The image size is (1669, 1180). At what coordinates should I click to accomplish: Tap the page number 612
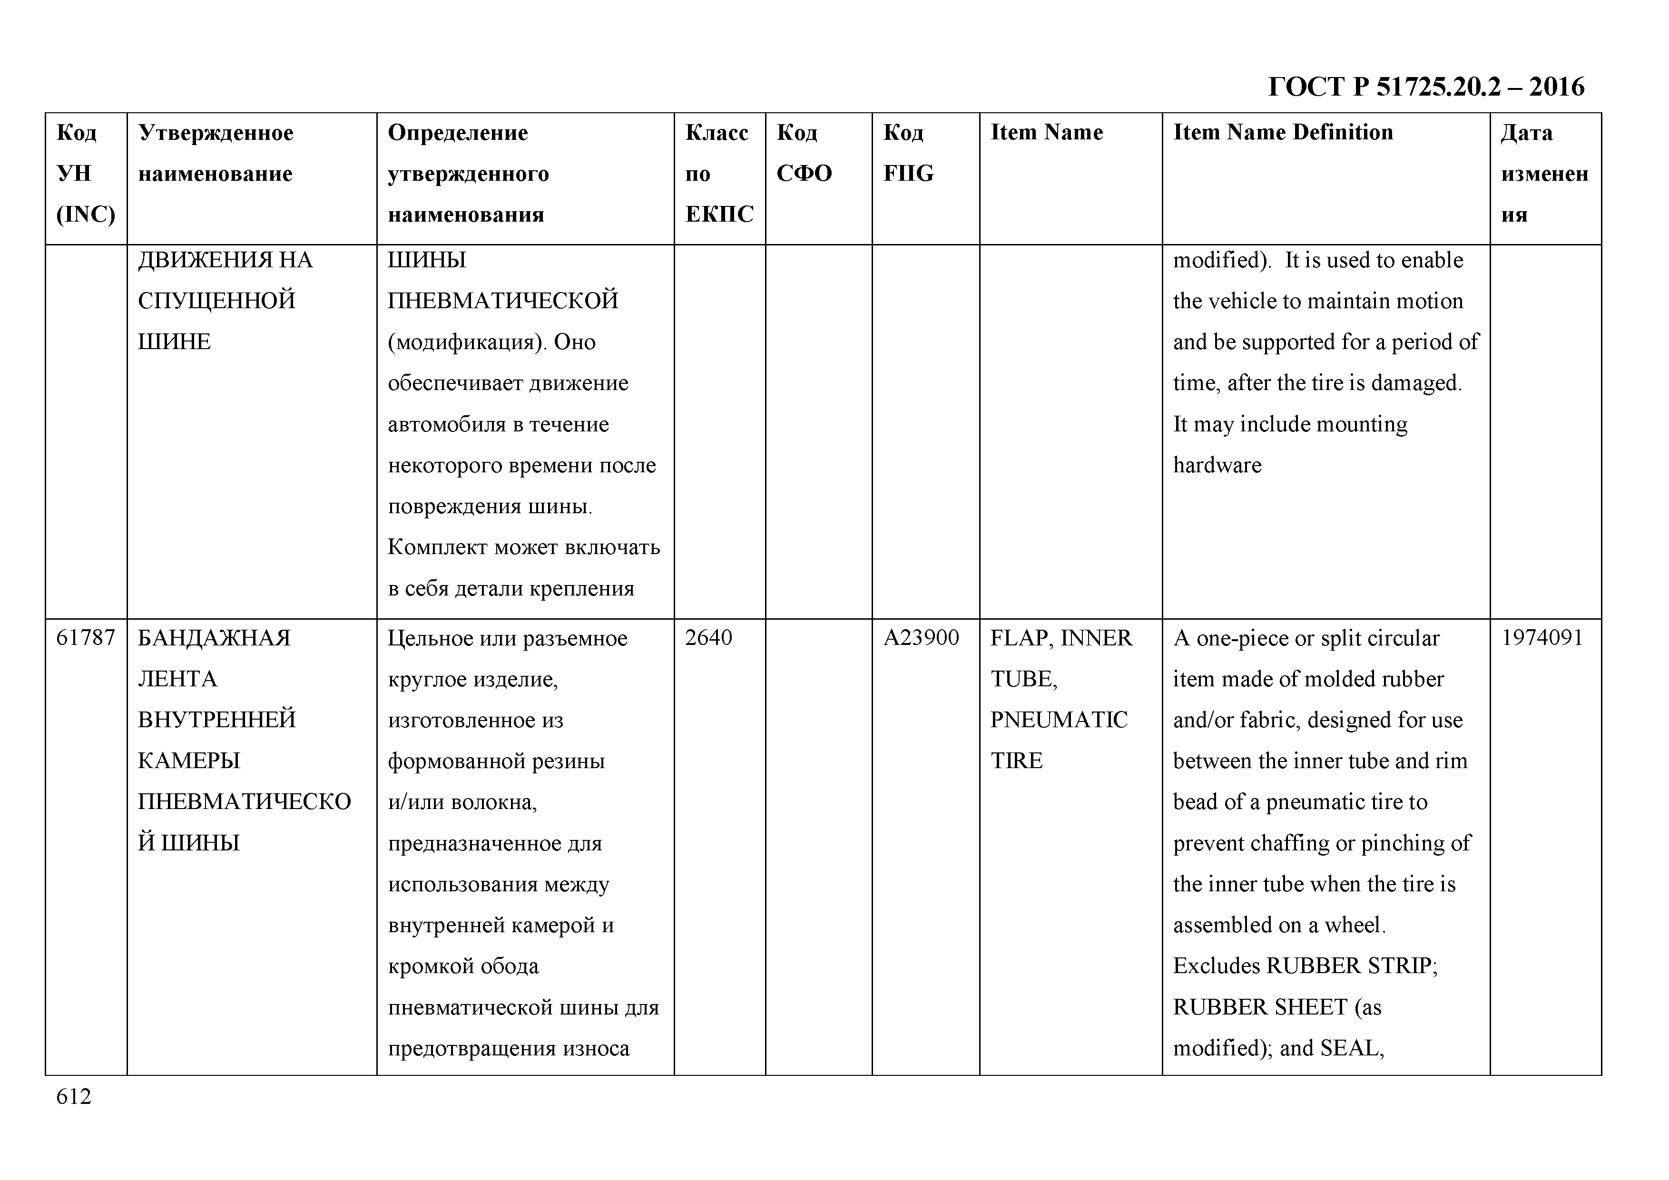click(x=73, y=1096)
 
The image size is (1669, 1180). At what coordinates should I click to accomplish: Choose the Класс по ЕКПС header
click(x=718, y=173)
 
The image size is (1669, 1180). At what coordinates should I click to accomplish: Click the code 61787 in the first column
click(x=86, y=638)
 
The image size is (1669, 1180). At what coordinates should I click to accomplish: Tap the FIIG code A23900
click(x=921, y=638)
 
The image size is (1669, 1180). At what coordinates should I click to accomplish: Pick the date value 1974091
click(x=1542, y=638)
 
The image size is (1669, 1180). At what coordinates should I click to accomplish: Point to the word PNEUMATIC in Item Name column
click(x=1059, y=720)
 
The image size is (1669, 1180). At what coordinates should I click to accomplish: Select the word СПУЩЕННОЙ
click(x=216, y=301)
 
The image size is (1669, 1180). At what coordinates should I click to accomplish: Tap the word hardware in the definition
click(x=1217, y=465)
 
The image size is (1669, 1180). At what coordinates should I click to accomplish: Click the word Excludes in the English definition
click(x=1216, y=965)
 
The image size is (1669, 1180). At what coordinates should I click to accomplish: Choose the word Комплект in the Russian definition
click(x=437, y=547)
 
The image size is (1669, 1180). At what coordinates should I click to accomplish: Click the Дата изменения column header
click(x=1544, y=173)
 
